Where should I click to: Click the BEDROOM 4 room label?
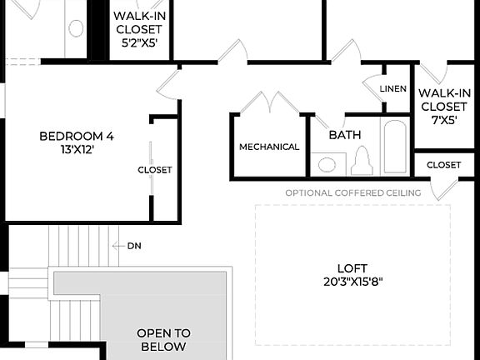point(76,136)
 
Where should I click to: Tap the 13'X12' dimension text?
point(76,151)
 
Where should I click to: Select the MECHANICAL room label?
point(269,147)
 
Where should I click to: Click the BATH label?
point(344,134)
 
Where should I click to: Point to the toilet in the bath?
point(361,160)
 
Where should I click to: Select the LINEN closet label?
point(392,89)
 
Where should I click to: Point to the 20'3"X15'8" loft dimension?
point(352,281)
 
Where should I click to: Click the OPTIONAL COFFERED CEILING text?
point(352,193)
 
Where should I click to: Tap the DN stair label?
point(134,246)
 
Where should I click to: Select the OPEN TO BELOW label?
point(163,339)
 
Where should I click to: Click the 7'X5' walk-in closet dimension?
point(442,119)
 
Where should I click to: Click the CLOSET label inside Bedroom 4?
point(155,170)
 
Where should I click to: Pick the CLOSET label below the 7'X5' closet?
point(443,165)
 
